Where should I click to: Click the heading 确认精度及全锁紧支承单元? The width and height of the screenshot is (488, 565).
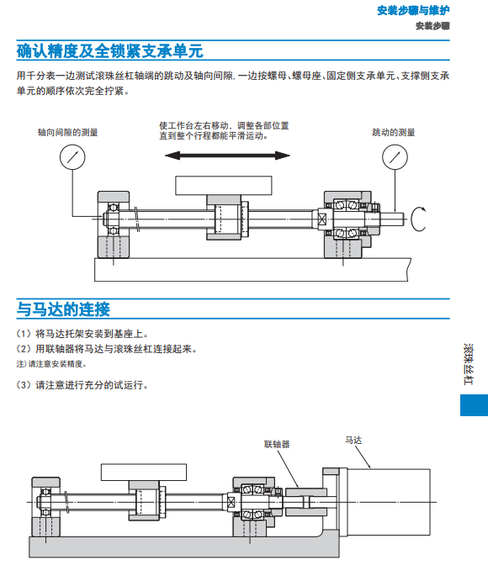(x=109, y=50)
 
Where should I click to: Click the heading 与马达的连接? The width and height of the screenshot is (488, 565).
(x=63, y=309)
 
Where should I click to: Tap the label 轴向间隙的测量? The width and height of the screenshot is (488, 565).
(x=68, y=132)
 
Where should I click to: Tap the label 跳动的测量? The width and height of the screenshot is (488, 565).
(x=394, y=132)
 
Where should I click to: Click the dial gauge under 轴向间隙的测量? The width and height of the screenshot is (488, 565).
(x=72, y=157)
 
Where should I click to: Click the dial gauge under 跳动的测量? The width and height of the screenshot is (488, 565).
(x=395, y=157)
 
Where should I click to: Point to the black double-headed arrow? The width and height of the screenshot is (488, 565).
(x=227, y=156)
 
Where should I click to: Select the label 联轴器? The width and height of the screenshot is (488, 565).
(x=277, y=444)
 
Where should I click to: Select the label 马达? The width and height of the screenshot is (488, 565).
(x=353, y=440)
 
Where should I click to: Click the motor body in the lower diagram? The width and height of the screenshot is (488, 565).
(x=389, y=502)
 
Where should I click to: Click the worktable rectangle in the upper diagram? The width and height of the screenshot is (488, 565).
(x=224, y=186)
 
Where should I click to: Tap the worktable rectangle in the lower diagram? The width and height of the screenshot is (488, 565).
(x=144, y=472)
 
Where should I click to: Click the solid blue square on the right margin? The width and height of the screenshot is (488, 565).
(x=474, y=405)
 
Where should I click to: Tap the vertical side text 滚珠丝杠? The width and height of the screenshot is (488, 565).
(x=468, y=364)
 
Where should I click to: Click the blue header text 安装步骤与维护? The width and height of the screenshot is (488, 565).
(x=413, y=10)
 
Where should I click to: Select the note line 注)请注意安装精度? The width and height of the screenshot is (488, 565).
(x=51, y=364)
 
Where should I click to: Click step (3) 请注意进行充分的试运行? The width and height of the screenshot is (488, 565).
(x=82, y=385)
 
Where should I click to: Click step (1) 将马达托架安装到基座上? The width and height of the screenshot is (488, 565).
(x=82, y=334)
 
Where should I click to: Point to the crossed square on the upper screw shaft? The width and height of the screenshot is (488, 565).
(x=322, y=219)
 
